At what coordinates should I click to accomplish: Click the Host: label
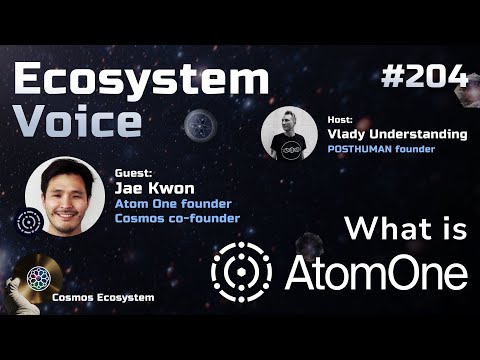tap(340, 119)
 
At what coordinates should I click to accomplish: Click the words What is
tap(404, 229)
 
